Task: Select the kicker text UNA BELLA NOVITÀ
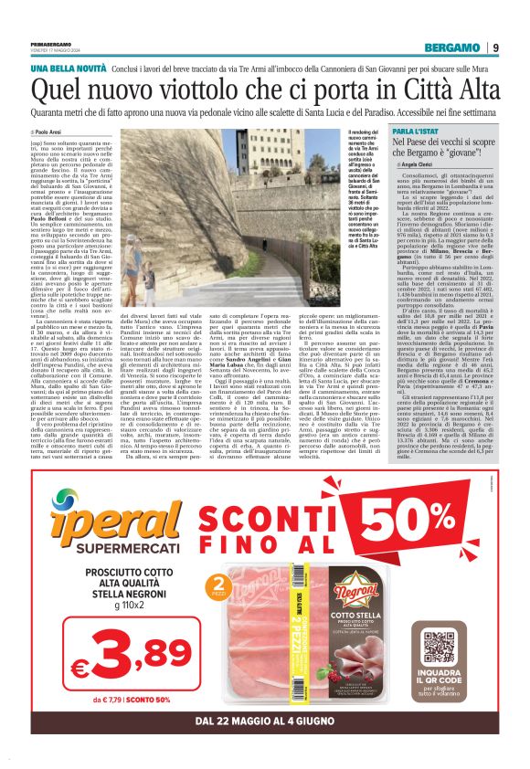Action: (66, 69)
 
